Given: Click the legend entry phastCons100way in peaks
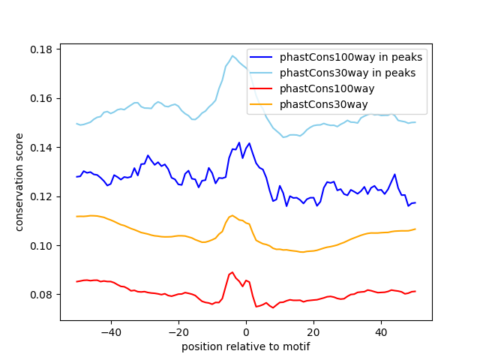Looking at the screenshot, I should coord(351,57).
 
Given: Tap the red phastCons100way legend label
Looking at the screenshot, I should coord(327,88).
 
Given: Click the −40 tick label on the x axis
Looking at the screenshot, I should coord(110,332).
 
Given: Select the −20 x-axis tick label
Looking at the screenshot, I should coord(178,332).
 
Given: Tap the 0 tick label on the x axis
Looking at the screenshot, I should coord(246,332).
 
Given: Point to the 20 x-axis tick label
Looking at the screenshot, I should coord(313,332).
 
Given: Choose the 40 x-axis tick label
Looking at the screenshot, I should coord(381,332).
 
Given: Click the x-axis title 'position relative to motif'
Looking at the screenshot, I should coord(245,347).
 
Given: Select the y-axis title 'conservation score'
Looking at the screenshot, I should coord(19,182).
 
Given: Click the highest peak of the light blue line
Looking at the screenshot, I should coord(232,55).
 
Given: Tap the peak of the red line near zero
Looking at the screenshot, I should coord(232,272).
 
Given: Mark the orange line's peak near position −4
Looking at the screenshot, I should coord(232,215).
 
